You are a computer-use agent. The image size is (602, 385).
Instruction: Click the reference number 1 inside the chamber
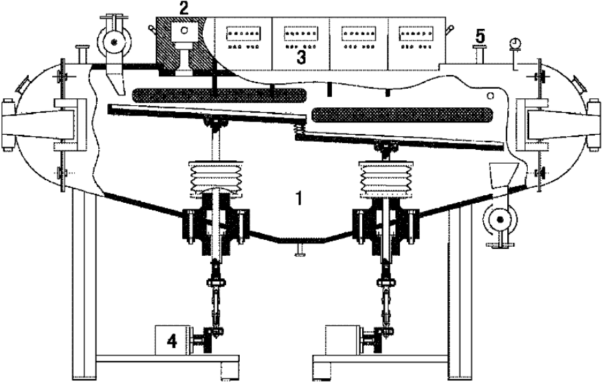[298, 197]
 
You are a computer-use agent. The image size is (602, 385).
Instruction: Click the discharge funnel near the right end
[500, 174]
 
